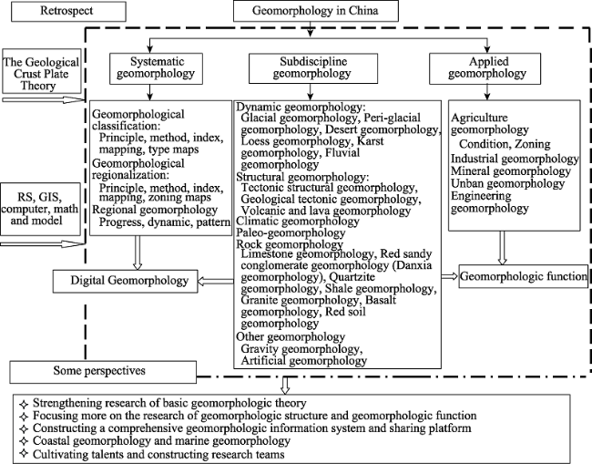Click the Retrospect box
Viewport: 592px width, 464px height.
(x=68, y=11)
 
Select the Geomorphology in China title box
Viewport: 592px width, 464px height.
(x=316, y=11)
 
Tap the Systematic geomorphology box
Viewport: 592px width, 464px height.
(x=156, y=68)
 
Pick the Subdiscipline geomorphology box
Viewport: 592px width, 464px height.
(x=313, y=68)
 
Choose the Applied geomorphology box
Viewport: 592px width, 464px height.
(x=485, y=68)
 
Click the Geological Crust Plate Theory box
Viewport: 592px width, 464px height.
(x=42, y=71)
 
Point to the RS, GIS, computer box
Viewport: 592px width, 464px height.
(x=40, y=209)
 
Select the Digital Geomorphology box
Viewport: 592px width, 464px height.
(x=125, y=281)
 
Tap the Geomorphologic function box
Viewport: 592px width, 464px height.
(x=524, y=276)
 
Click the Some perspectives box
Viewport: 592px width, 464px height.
(x=103, y=372)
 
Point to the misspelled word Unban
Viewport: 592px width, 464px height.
(x=466, y=183)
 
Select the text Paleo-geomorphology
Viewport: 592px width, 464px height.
(x=291, y=232)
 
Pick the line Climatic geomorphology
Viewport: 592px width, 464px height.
(x=298, y=221)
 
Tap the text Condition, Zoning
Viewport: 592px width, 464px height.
(x=505, y=144)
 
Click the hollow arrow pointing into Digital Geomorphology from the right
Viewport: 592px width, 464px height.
(x=216, y=281)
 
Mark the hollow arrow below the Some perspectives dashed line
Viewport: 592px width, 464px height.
(x=285, y=386)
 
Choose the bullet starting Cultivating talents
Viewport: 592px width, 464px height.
(x=152, y=454)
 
